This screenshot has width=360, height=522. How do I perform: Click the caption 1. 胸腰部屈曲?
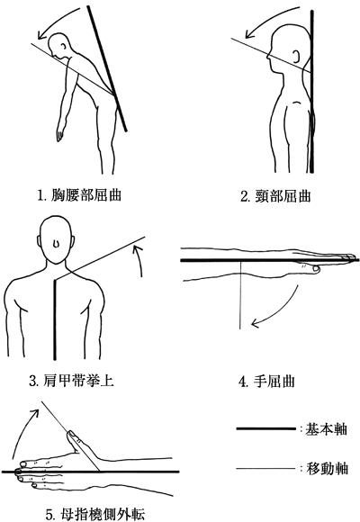pyautogui.click(x=79, y=194)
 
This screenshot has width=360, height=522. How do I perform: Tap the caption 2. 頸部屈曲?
pyautogui.click(x=275, y=196)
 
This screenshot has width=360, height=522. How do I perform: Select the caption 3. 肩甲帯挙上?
pyautogui.click(x=72, y=380)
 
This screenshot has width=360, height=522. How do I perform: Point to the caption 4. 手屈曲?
pyautogui.click(x=266, y=382)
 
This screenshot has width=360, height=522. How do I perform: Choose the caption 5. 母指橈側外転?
pyautogui.click(x=94, y=514)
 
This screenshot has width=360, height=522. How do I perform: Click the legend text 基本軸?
pyautogui.click(x=327, y=428)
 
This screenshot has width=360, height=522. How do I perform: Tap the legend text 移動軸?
pyautogui.click(x=327, y=469)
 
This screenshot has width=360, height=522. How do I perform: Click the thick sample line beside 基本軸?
pyautogui.click(x=265, y=428)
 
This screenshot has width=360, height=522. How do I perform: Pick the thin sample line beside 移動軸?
pyautogui.click(x=265, y=469)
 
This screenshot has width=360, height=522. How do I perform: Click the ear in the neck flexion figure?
pyautogui.click(x=296, y=57)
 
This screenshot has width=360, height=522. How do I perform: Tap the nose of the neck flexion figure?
pyautogui.click(x=268, y=57)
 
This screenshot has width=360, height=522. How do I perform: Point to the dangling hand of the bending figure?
pyautogui.click(x=60, y=134)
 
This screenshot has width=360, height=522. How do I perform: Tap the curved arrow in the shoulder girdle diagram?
pyautogui.click(x=139, y=260)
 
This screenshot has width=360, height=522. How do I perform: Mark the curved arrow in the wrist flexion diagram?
pyautogui.click(x=283, y=313)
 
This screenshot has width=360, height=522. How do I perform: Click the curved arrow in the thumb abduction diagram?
pyautogui.click(x=21, y=431)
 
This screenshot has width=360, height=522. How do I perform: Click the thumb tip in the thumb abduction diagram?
pyautogui.click(x=70, y=433)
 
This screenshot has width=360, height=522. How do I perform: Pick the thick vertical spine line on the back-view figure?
pyautogui.click(x=55, y=319)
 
